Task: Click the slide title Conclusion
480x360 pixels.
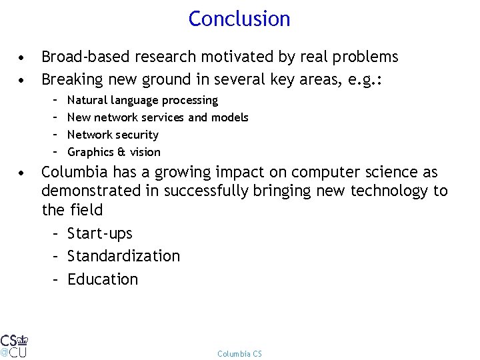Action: [239, 19]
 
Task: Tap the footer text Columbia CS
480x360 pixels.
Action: [239, 353]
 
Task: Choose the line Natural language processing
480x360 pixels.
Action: [143, 100]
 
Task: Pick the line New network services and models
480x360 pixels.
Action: [158, 117]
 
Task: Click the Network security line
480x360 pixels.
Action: [113, 135]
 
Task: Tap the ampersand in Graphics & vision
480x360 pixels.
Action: [122, 152]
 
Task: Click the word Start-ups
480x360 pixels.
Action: [100, 233]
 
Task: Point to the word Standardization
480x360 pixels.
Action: [124, 256]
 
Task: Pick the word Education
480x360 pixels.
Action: [103, 279]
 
